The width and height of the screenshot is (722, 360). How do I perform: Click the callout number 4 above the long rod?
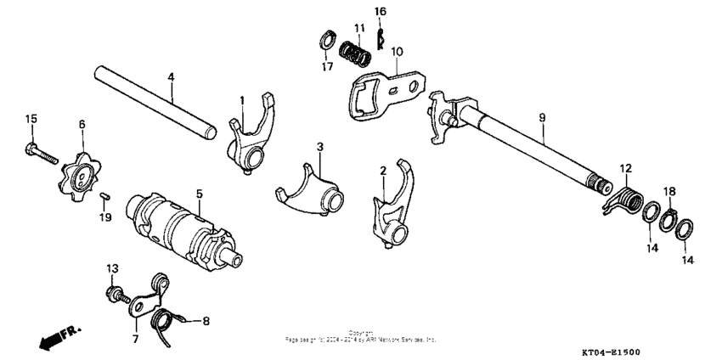tap(171, 76)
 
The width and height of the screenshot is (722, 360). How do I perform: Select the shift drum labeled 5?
tap(183, 228)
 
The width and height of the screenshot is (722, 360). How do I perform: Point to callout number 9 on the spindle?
tap(540, 116)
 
